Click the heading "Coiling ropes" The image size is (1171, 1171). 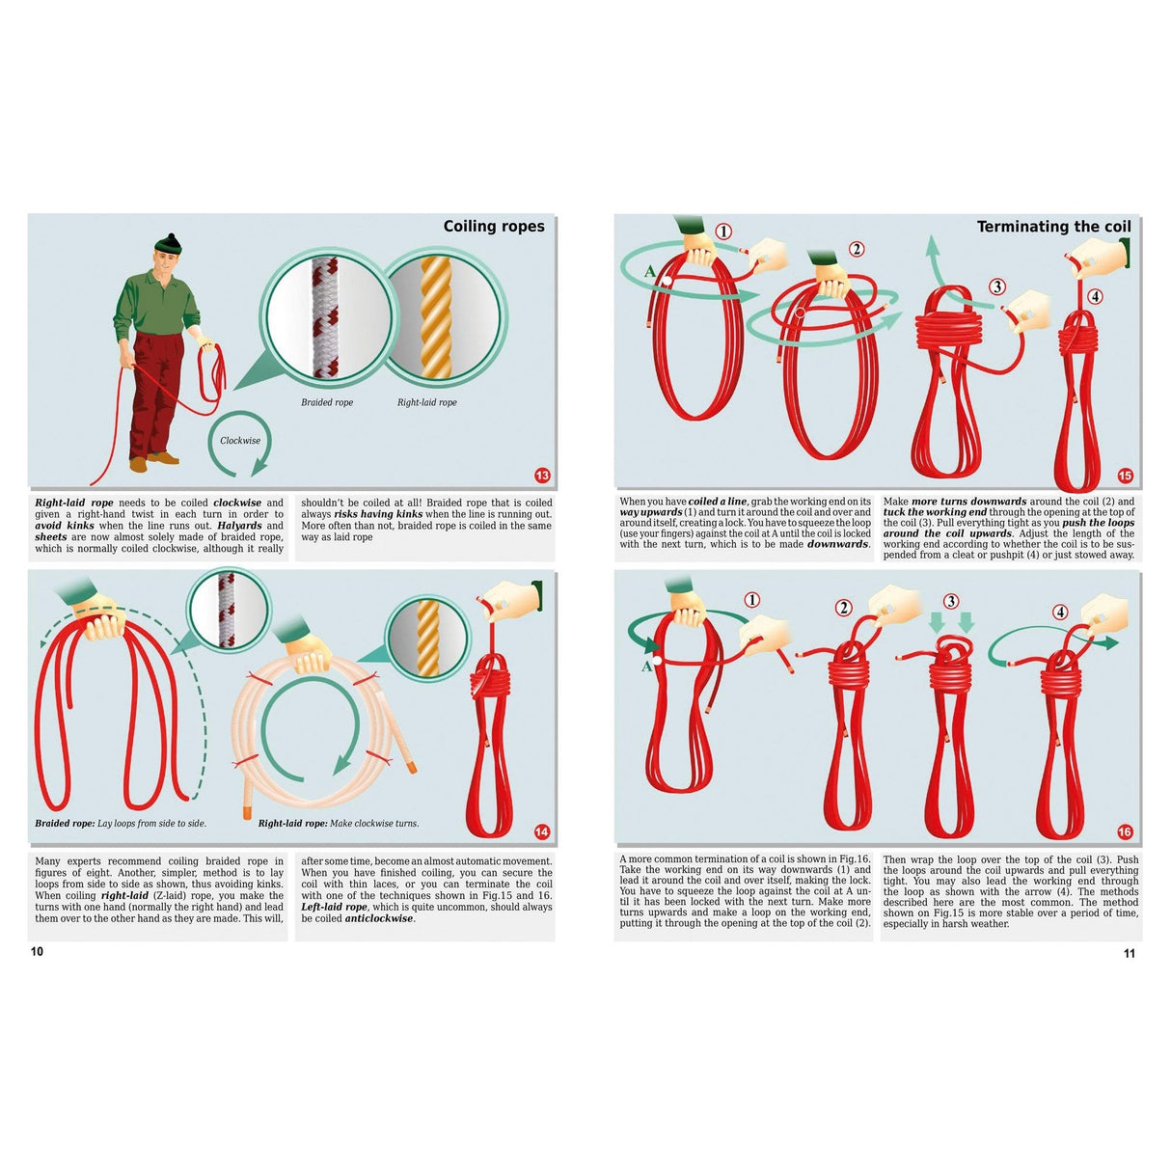(494, 227)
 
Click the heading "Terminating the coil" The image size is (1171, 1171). (1053, 227)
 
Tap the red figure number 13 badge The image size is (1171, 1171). (542, 476)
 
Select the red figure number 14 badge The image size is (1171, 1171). (542, 832)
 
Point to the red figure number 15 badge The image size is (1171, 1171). (1125, 476)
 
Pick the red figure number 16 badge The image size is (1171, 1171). (1125, 832)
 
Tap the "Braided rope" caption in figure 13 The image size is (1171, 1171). (327, 402)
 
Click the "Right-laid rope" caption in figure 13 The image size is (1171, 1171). (426, 402)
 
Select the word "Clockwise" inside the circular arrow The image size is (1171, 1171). (240, 441)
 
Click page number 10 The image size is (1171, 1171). (37, 952)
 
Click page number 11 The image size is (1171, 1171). (1130, 954)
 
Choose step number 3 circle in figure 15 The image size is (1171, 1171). (997, 286)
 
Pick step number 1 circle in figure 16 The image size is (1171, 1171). (752, 600)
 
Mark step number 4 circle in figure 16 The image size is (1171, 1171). (1061, 612)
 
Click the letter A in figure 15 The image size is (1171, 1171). (649, 272)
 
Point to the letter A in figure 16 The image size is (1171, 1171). (646, 667)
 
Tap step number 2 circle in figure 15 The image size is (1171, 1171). (857, 249)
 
